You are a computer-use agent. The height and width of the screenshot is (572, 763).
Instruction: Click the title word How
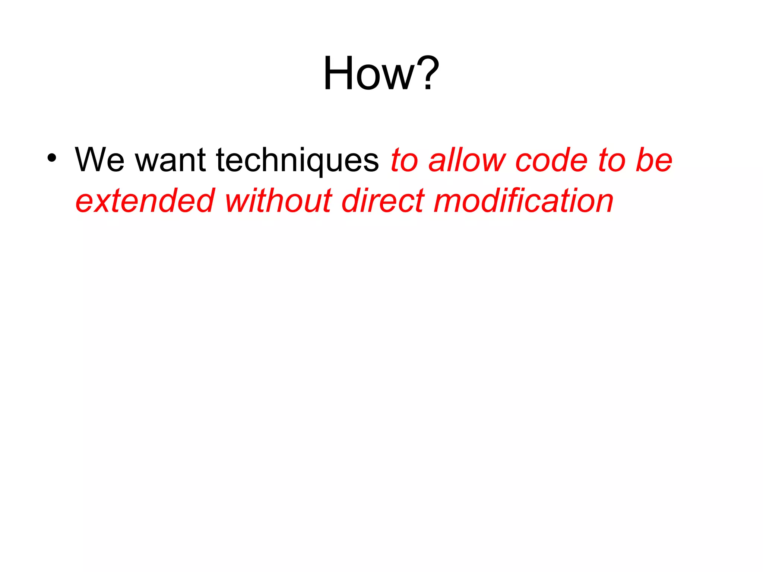[x=369, y=73]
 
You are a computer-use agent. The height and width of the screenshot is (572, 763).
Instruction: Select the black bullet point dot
[x=52, y=158]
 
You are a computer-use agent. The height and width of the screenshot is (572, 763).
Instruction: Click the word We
[x=99, y=160]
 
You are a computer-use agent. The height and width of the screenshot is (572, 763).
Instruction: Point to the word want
[x=170, y=160]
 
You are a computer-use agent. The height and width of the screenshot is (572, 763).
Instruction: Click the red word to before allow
[x=405, y=160]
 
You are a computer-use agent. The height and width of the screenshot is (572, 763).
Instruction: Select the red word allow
[x=467, y=160]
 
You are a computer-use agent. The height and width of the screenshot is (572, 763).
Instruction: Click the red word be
[x=654, y=160]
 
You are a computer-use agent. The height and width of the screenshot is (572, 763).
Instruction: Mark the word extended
[x=145, y=201]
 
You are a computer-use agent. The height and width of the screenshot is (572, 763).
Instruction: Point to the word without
[x=278, y=201]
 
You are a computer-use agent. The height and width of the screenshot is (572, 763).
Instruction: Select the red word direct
[x=383, y=201]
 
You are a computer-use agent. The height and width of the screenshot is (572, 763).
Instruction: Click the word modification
[x=523, y=201]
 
